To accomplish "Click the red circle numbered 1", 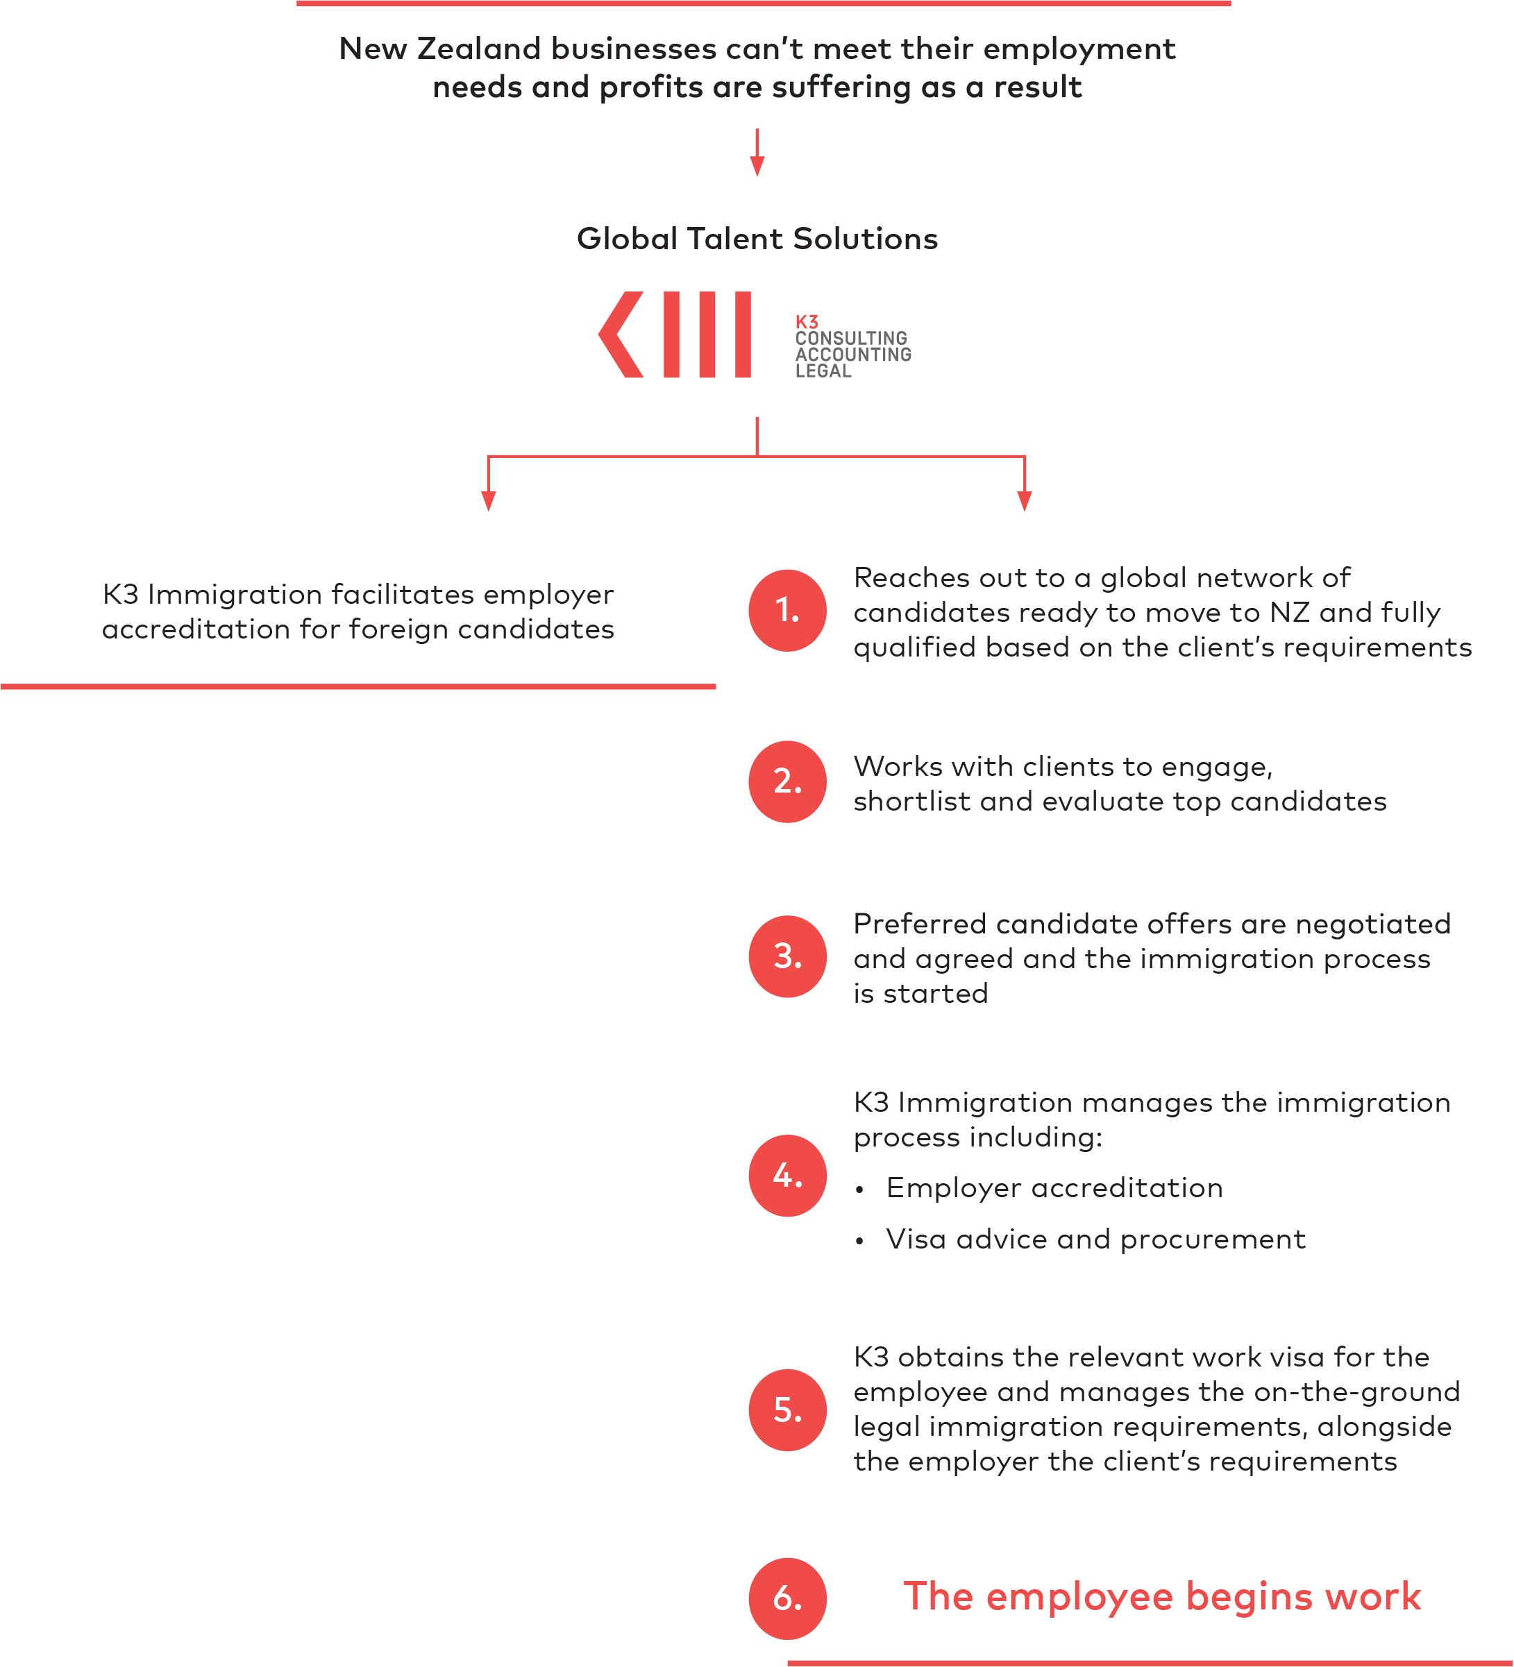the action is coord(787,610).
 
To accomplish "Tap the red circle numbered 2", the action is coord(787,781).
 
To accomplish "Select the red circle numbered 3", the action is coord(787,956).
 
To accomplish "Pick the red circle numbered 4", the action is coord(787,1175).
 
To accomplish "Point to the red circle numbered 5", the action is coord(787,1410).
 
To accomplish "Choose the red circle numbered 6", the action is coord(787,1598).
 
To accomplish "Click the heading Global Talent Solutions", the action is coord(757,239).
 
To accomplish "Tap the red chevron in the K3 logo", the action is coord(620,334).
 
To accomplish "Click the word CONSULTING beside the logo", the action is coord(851,338).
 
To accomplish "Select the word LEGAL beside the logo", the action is coord(823,371).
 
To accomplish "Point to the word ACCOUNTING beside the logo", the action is coord(853,354).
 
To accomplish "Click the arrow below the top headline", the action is coord(757,152).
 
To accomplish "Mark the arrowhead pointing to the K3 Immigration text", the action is coord(489,501).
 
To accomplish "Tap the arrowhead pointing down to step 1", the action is coord(1025,501).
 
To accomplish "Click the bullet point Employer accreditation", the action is coord(1038,1188).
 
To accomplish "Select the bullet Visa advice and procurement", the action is coord(1080,1239).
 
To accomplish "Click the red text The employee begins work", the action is coord(1162,1597).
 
